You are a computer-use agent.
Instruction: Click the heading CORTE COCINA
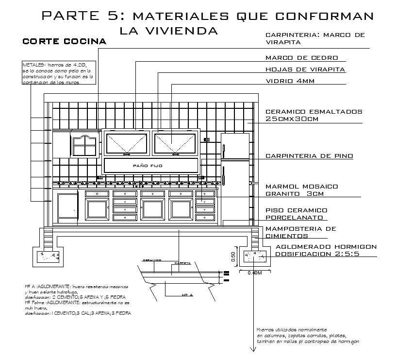coord(65,42)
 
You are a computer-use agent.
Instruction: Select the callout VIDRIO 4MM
coord(290,81)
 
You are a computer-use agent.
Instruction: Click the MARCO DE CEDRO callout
coord(301,58)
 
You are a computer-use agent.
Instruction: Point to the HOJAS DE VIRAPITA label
coord(305,69)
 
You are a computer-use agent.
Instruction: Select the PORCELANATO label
coord(294,218)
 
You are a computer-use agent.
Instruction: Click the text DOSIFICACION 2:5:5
coord(317,254)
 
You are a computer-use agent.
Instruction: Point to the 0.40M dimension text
coord(255,273)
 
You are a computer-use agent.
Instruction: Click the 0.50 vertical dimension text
coord(233,257)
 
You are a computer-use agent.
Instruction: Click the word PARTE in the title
coord(72,16)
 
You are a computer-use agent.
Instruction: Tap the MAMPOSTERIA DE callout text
coord(301,228)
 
